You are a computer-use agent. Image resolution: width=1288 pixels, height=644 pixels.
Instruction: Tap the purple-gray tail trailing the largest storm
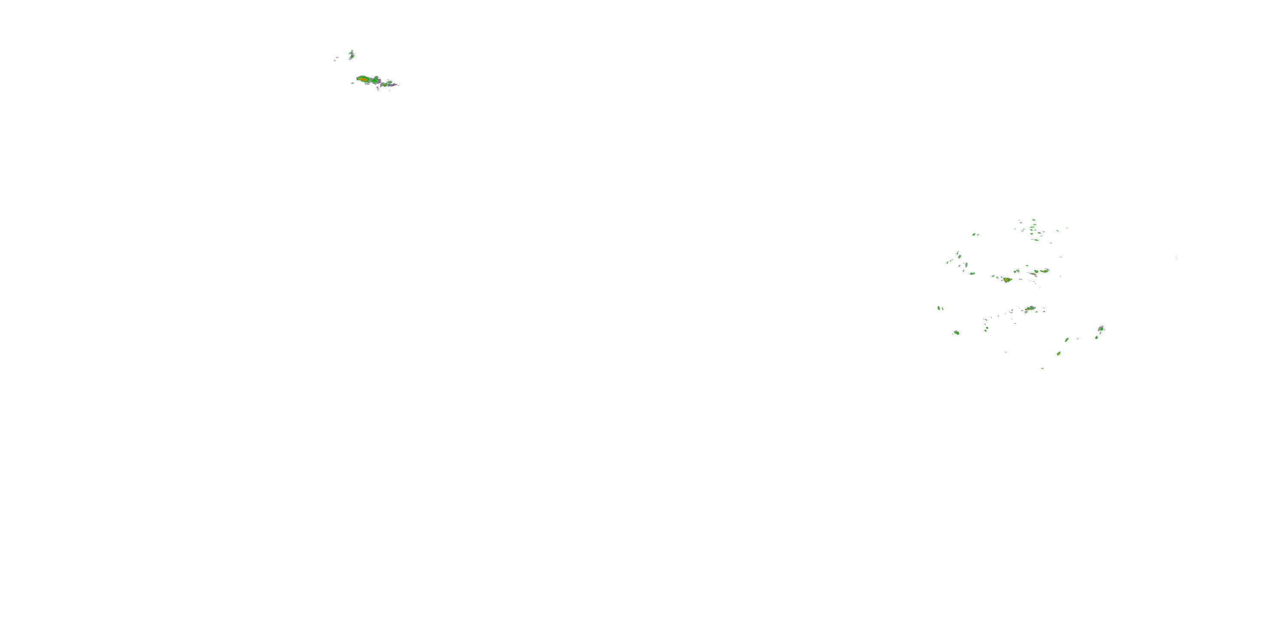(392, 85)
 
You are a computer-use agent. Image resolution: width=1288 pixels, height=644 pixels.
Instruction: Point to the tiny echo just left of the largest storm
(352, 82)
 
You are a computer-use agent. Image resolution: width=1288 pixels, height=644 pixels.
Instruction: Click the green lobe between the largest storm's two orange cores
(374, 80)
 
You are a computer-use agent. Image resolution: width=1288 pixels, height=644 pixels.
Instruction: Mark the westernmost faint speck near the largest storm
(335, 60)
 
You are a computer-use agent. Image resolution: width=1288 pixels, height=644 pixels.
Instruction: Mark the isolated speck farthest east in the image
(1176, 258)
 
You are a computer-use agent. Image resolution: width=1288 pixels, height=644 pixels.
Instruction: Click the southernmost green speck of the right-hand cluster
(1042, 368)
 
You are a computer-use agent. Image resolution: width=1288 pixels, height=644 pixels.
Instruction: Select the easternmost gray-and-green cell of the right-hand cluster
(1100, 328)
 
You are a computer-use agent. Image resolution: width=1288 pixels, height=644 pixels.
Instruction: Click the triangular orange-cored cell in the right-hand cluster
(1006, 280)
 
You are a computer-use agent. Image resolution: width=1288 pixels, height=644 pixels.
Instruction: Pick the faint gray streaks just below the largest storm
(377, 89)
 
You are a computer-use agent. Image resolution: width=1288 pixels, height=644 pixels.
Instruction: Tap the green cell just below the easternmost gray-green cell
(1097, 337)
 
